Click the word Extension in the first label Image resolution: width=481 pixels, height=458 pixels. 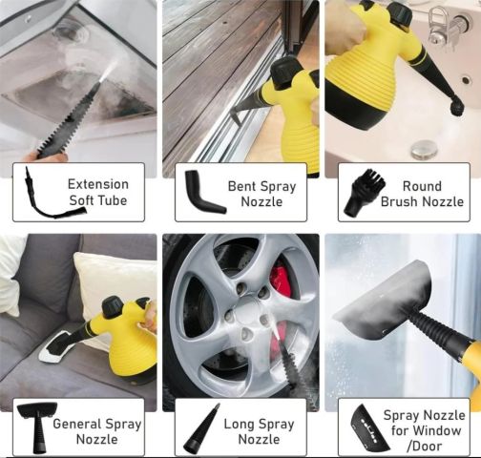click(x=98, y=184)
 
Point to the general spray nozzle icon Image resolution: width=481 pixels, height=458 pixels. click(x=37, y=427)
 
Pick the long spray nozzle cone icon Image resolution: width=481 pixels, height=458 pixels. click(x=201, y=428)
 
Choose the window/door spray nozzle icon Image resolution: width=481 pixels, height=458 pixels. click(x=369, y=428)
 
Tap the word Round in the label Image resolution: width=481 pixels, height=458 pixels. click(x=422, y=186)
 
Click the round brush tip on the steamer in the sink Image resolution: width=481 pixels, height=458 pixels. click(x=456, y=107)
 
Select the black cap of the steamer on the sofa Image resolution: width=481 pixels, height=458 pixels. click(x=113, y=307)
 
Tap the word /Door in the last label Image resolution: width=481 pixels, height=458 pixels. click(x=424, y=447)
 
